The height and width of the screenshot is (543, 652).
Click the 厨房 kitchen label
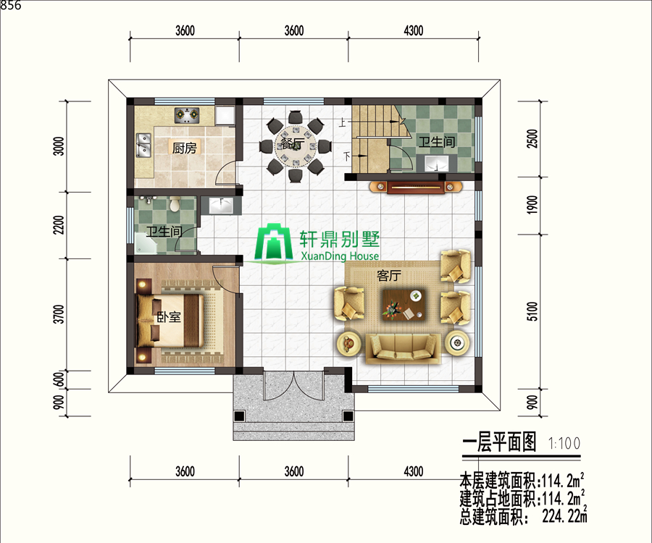[x=184, y=148]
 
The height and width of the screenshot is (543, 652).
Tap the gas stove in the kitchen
[x=187, y=115]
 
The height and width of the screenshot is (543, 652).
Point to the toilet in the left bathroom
[x=175, y=203]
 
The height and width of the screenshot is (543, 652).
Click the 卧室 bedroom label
[x=169, y=317]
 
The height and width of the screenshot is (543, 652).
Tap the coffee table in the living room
[x=404, y=305]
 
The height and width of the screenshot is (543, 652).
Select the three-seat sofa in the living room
[x=403, y=349]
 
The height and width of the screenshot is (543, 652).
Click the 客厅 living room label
[x=389, y=275]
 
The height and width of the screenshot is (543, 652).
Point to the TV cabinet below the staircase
[x=416, y=188]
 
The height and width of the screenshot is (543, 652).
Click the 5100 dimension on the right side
[x=532, y=311]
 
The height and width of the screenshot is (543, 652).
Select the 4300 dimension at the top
[x=414, y=30]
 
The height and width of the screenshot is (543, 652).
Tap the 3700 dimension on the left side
[x=59, y=314]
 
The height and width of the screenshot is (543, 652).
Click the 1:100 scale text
[x=564, y=443]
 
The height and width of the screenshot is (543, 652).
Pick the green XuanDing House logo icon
[x=273, y=243]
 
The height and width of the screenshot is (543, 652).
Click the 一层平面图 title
[x=499, y=442]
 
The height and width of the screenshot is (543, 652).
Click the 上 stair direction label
[x=343, y=122]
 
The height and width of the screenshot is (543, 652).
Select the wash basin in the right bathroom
[x=437, y=164]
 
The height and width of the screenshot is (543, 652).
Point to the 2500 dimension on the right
[x=532, y=139]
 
